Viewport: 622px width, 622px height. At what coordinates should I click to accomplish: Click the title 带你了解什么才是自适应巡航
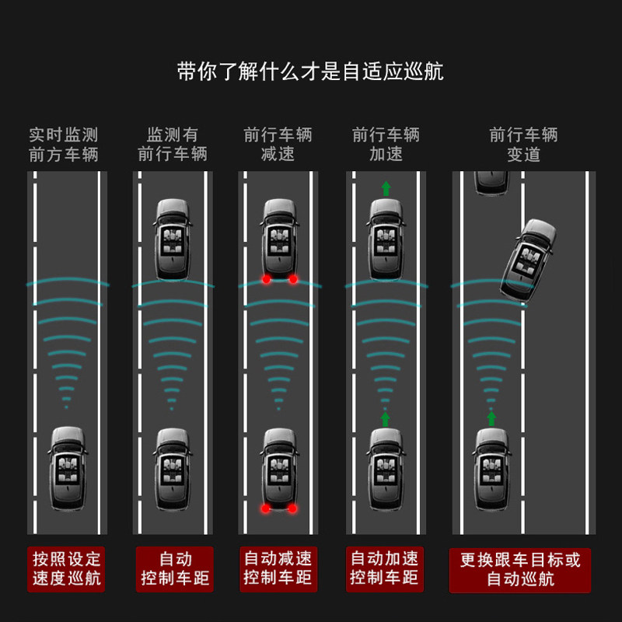pyautogui.click(x=310, y=73)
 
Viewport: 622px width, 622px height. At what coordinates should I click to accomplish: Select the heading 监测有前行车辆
pyautogui.click(x=173, y=145)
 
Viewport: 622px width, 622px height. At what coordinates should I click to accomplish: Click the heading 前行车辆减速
pyautogui.click(x=278, y=145)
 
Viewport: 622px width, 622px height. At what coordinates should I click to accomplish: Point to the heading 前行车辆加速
pyautogui.click(x=386, y=145)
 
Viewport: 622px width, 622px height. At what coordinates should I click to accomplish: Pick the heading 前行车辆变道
pyautogui.click(x=523, y=145)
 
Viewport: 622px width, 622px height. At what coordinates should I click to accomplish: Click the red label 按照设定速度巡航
pyautogui.click(x=66, y=569)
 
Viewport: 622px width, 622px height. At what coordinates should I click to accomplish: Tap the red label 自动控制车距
pyautogui.click(x=172, y=569)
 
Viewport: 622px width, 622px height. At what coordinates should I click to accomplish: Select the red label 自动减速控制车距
pyautogui.click(x=278, y=569)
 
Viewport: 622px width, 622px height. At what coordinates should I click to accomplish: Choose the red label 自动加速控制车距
pyautogui.click(x=385, y=569)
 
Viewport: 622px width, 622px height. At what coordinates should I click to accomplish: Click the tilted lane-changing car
pyautogui.click(x=529, y=259)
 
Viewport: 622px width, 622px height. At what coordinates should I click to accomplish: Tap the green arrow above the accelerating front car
pyautogui.click(x=385, y=187)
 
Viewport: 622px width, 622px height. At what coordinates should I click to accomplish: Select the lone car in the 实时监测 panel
pyautogui.click(x=68, y=468)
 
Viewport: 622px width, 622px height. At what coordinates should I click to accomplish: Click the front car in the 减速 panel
pyautogui.click(x=280, y=239)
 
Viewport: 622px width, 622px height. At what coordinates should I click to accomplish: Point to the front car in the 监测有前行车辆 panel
pyautogui.click(x=173, y=239)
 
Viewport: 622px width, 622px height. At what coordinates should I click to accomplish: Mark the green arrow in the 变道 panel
pyautogui.click(x=491, y=418)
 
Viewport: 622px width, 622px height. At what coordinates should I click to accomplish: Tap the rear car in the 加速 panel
pyautogui.click(x=385, y=468)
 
